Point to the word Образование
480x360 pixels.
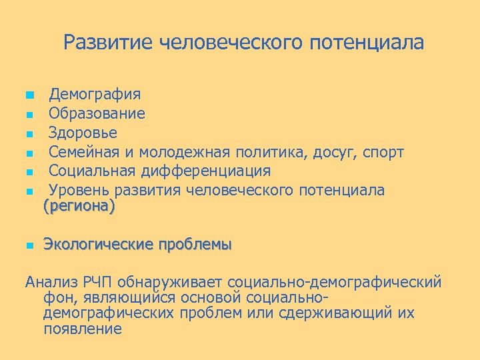97,114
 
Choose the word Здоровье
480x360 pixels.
83,133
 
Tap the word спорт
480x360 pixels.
383,152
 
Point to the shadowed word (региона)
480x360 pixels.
79,207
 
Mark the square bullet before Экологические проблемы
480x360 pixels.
29,246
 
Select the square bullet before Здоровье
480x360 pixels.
29,133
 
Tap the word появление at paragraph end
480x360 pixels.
83,329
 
